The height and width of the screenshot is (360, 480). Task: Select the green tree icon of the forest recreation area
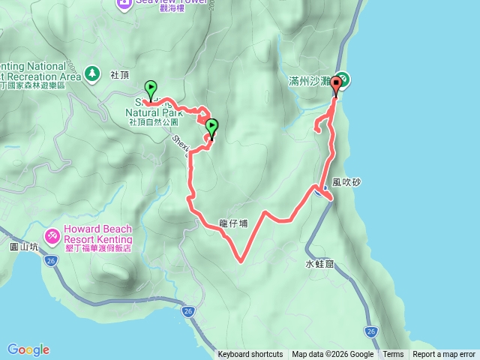click(92, 73)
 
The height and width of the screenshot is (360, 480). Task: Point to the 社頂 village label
click(120, 75)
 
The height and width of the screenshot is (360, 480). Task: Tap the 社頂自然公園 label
click(152, 121)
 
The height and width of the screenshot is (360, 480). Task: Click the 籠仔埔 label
click(233, 223)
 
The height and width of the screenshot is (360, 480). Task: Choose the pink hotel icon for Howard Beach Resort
click(52, 235)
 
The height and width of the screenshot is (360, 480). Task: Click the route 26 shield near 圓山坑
click(50, 261)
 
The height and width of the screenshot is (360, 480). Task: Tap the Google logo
click(28, 349)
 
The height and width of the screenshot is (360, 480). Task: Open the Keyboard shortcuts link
click(250, 355)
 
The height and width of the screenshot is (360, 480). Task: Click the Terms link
click(393, 355)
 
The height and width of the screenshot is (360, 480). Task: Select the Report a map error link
click(444, 355)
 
